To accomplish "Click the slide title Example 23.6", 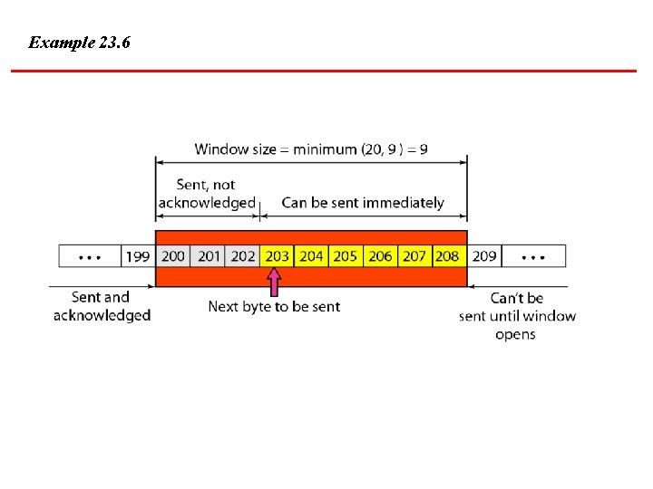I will point(79,43).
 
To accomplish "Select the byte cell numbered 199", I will point(138,256).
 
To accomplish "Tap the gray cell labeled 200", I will point(172,256).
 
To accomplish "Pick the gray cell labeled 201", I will point(209,256).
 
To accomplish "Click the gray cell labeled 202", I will point(243,256).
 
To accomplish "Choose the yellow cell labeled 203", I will point(277,256).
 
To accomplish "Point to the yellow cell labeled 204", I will point(311,256).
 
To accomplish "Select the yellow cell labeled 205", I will point(346,256).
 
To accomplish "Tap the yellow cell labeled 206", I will point(380,256).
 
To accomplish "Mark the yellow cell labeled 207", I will point(414,256).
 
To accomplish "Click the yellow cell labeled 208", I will point(447,256).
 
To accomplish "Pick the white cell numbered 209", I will point(484,256).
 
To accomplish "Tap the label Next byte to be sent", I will point(274,307).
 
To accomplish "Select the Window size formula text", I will point(311,149).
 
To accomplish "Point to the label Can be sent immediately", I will point(363,203).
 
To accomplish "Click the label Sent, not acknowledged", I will point(207,194).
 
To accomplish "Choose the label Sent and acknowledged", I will point(102,306).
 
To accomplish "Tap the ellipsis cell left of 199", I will point(90,256).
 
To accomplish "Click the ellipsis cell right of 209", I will point(533,256).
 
